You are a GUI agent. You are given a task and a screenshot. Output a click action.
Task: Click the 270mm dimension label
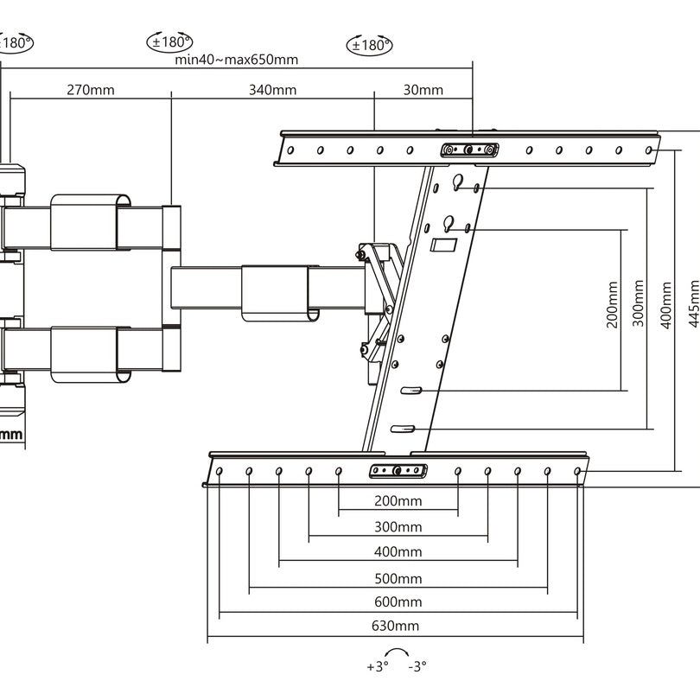(x=90, y=89)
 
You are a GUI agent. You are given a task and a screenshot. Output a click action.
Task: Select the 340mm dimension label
(x=272, y=89)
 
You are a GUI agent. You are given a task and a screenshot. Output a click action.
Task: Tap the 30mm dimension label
(x=423, y=89)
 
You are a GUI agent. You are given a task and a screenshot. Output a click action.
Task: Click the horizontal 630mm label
(x=398, y=626)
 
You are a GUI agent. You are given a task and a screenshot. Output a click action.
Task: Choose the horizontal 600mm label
(x=398, y=601)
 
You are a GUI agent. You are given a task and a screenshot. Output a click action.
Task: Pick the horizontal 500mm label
(x=398, y=577)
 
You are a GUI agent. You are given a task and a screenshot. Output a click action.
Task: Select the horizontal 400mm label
(x=398, y=551)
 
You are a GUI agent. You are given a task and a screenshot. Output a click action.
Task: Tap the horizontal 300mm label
(x=398, y=526)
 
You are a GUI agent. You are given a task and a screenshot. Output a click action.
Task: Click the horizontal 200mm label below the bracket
(x=398, y=501)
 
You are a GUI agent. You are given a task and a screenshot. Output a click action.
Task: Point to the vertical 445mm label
(x=694, y=302)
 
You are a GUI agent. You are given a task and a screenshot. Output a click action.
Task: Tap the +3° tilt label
(x=378, y=666)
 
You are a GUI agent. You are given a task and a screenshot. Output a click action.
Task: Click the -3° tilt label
(x=417, y=666)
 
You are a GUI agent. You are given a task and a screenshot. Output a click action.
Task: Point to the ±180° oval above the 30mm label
(x=369, y=44)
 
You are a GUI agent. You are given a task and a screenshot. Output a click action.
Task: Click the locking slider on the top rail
(x=468, y=150)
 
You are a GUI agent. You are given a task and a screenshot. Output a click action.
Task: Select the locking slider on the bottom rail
(x=398, y=471)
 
